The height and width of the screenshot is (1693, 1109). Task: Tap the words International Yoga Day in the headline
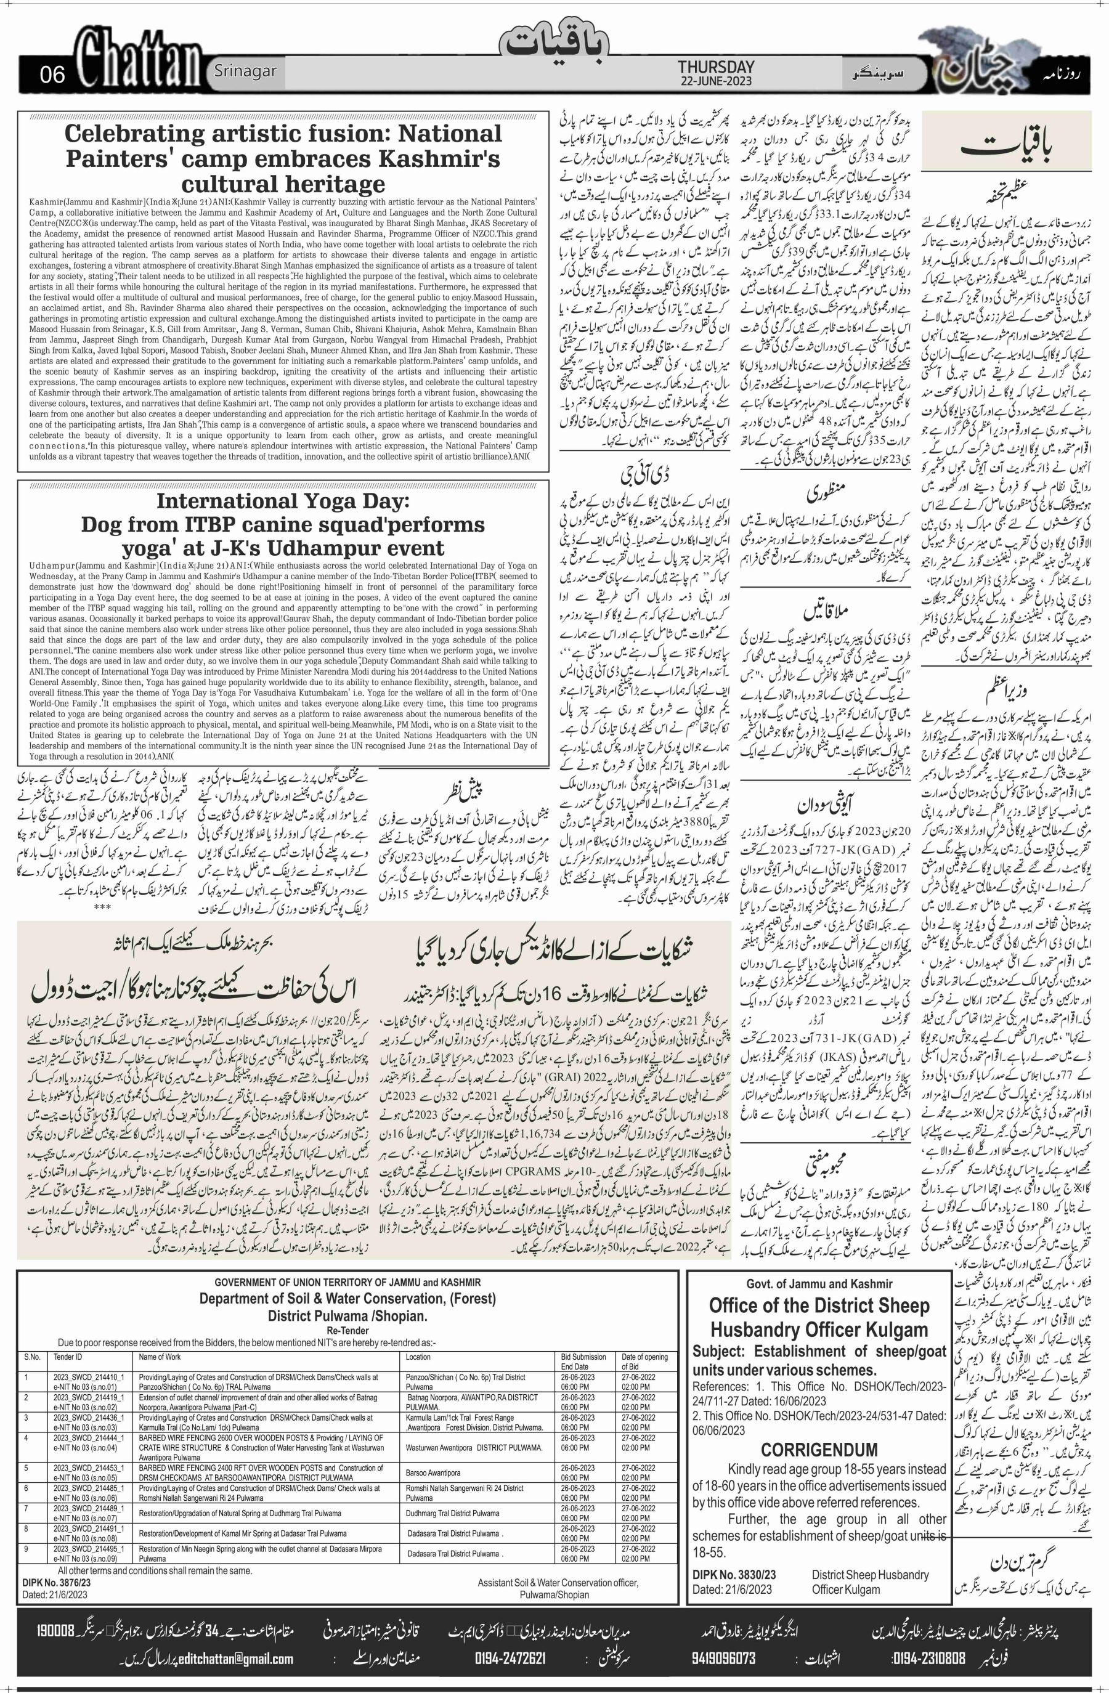[x=283, y=501]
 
